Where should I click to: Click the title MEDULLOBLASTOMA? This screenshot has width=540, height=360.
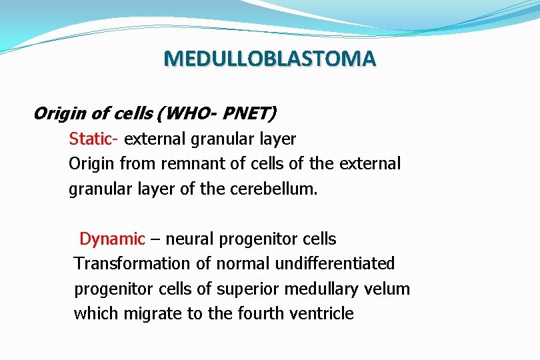click(x=270, y=59)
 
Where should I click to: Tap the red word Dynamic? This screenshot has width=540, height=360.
click(x=112, y=239)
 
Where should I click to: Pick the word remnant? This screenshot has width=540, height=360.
click(x=187, y=164)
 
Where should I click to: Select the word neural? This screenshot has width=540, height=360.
click(x=187, y=239)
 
